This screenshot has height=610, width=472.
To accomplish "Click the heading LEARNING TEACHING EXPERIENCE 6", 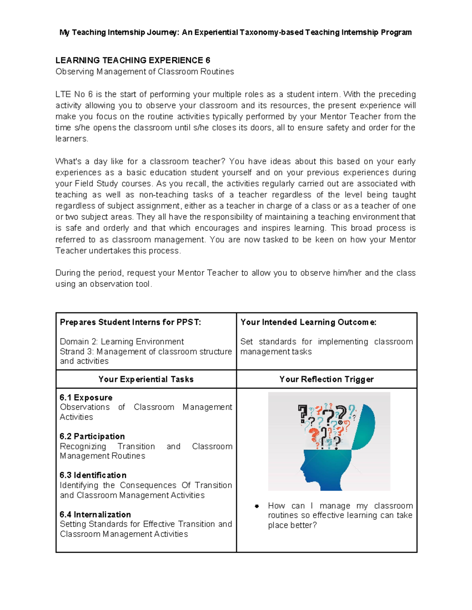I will click(x=133, y=60).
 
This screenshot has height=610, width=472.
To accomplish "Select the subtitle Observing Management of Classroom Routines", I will click(x=144, y=71).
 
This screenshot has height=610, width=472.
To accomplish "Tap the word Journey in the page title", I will click(x=161, y=32).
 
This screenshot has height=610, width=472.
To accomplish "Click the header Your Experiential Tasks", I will click(x=146, y=379).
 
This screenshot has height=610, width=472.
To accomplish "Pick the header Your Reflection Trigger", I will click(x=326, y=379).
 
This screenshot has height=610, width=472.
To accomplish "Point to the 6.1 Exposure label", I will click(x=86, y=398).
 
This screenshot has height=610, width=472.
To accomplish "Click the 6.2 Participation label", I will click(x=92, y=436).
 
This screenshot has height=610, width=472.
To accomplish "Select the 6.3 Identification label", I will click(x=93, y=475).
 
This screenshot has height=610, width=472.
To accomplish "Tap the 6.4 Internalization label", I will click(x=95, y=515).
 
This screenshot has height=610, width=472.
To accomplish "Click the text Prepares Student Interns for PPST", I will click(x=130, y=322).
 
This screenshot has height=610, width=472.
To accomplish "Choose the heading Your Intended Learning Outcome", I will click(x=308, y=322).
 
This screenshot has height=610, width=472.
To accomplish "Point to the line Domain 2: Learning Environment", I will click(x=122, y=342).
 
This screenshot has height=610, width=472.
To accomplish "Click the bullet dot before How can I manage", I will click(x=257, y=506).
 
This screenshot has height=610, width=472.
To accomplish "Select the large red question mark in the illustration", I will click(x=313, y=436).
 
